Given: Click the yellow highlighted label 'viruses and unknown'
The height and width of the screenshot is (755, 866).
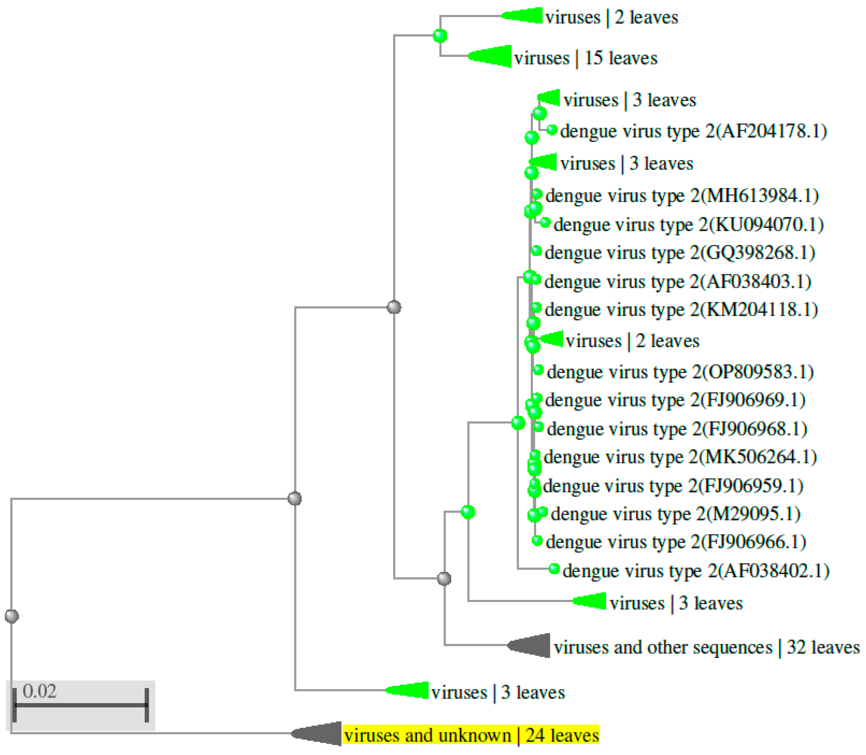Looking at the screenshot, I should click(471, 735).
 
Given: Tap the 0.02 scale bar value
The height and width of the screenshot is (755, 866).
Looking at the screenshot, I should click(39, 691).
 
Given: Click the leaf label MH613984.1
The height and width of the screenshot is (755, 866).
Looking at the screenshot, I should click(682, 196).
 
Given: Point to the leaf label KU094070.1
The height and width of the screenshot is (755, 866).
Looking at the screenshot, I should click(688, 224).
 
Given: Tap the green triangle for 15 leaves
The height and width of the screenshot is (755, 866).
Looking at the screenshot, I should click(493, 56).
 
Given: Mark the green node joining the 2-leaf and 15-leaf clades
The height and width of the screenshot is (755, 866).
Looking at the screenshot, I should click(440, 36).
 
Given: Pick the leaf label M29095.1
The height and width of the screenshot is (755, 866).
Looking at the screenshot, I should click(675, 514).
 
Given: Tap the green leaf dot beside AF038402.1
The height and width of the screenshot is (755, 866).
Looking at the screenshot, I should click(554, 569).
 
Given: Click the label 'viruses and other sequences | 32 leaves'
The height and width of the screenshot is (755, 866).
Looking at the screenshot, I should click(706, 647).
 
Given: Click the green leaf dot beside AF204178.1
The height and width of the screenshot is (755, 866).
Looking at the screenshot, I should click(552, 130).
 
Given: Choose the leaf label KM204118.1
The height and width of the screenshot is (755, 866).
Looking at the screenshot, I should click(681, 310).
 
